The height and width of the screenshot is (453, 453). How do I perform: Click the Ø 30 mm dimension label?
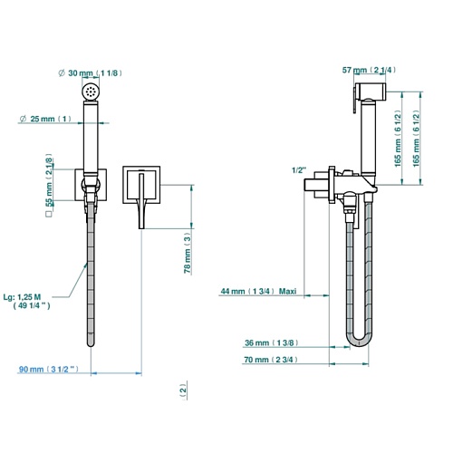coord(91,73)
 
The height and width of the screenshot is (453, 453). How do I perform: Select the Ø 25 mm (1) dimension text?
coord(45,119)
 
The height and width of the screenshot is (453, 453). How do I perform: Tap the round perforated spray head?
coord(91,91)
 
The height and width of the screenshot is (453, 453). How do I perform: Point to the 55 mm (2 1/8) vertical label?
coord(49,180)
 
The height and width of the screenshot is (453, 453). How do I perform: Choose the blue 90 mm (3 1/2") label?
coord(49,369)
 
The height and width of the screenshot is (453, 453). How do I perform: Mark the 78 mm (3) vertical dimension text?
coord(188,253)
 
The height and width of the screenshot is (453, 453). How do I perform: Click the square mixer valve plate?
coord(141,185)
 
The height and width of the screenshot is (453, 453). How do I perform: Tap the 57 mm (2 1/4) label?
coord(369,70)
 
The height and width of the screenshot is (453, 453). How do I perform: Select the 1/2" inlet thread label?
coord(299,170)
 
